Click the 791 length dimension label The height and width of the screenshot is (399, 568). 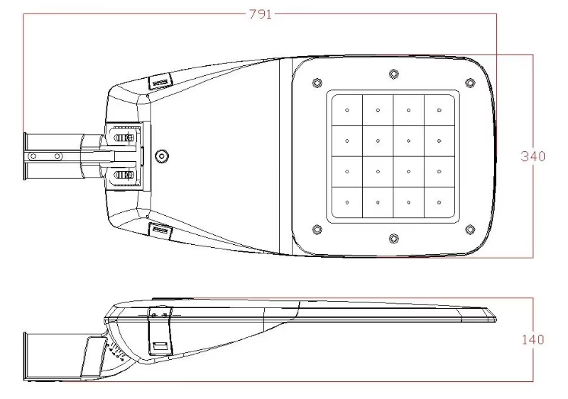tap(261, 14)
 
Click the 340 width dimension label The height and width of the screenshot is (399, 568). tap(533, 156)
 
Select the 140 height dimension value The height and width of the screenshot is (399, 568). tap(533, 339)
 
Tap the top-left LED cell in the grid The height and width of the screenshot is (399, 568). tap(347, 110)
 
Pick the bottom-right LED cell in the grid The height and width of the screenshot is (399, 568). tap(439, 202)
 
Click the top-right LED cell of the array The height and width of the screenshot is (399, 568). tap(439, 110)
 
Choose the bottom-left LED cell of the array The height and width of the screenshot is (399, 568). tap(347, 202)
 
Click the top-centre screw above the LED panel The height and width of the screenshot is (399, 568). tap(394, 75)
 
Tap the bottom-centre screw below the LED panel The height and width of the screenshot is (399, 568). tap(394, 239)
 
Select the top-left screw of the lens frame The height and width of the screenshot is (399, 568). tap(317, 82)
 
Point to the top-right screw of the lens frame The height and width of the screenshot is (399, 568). tap(470, 82)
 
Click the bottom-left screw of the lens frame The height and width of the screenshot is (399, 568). tap(317, 229)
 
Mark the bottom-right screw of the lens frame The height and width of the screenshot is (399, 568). tap(470, 229)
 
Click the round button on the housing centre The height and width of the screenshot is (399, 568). tap(162, 156)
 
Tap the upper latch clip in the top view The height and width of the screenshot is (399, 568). tap(160, 81)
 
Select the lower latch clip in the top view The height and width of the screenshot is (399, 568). tap(160, 231)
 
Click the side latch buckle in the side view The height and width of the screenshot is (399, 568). tap(160, 331)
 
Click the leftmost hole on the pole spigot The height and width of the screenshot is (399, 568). tap(33, 156)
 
